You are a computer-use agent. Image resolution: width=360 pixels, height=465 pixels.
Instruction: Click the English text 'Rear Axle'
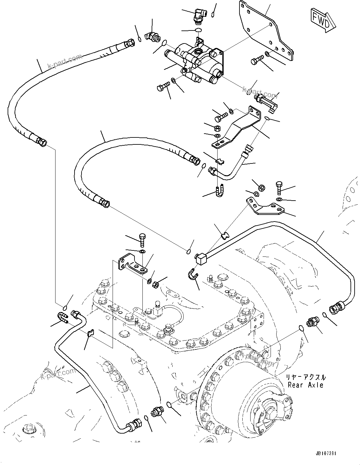[305, 385]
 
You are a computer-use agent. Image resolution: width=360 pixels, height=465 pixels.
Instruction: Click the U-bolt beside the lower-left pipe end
[62, 318]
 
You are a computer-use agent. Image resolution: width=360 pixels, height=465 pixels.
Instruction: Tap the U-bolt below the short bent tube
[219, 191]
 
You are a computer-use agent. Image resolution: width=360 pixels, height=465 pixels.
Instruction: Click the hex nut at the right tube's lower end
[335, 307]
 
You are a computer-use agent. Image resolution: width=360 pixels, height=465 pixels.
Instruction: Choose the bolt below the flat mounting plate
[257, 60]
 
